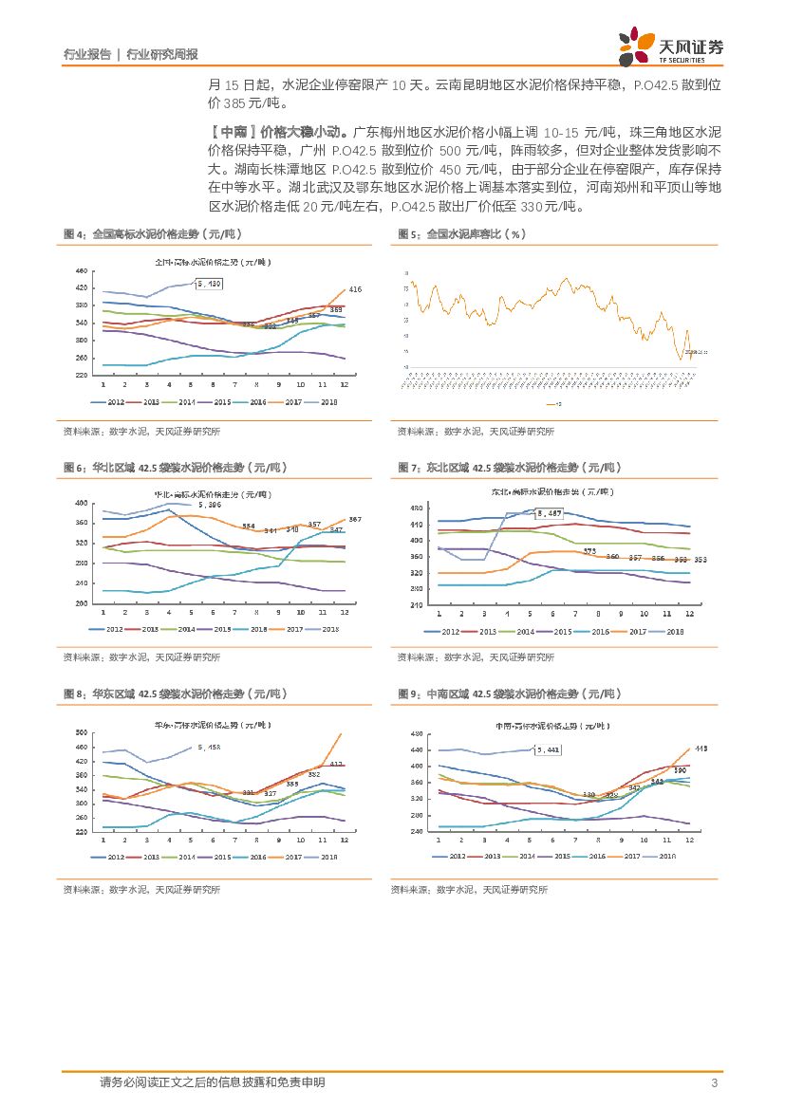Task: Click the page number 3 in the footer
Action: [x=713, y=1083]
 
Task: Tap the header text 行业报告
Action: [x=86, y=55]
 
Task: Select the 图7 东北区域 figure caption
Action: [x=508, y=468]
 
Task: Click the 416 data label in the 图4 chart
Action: [x=356, y=288]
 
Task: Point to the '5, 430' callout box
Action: [x=209, y=284]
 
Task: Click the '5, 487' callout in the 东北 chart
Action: [x=550, y=514]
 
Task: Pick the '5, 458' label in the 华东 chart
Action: [x=207, y=748]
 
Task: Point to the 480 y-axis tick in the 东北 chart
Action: [x=414, y=508]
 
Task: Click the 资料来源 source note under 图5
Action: [x=476, y=432]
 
